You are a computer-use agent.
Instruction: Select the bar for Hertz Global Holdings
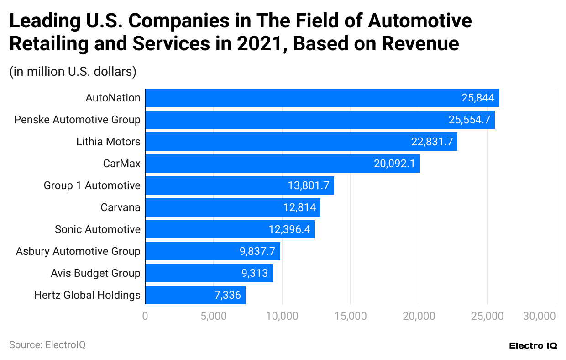click(195, 295)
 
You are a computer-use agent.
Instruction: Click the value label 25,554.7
click(469, 120)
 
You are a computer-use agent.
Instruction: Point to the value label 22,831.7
click(432, 142)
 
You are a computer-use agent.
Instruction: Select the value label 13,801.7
click(309, 185)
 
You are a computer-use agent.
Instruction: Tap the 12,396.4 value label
click(289, 229)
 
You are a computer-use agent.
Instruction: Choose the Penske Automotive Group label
click(77, 120)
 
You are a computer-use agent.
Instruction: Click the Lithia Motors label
click(108, 142)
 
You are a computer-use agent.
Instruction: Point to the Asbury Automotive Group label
click(78, 251)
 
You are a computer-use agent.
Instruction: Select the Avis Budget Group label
click(95, 273)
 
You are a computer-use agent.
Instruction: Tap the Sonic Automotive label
click(97, 229)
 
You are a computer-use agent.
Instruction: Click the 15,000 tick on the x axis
click(350, 316)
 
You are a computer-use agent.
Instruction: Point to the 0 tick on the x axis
click(145, 316)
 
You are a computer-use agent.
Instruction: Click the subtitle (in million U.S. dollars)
click(73, 72)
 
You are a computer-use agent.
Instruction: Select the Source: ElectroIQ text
click(47, 345)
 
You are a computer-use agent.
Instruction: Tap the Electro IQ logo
click(533, 346)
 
